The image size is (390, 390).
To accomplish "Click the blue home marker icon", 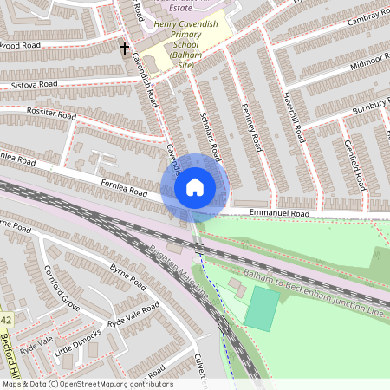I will point(195,186).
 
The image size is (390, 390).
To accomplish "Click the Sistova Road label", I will point(35,85).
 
